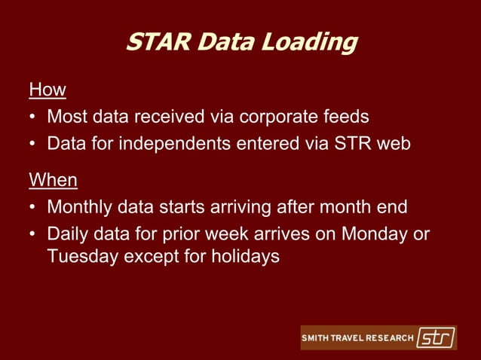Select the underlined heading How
coord(47,90)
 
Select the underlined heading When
coord(54,181)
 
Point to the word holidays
coord(242,256)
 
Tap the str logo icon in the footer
coord(436,337)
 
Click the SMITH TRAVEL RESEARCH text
coord(357,338)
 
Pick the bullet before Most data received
coord(33,117)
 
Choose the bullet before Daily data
coord(33,234)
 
